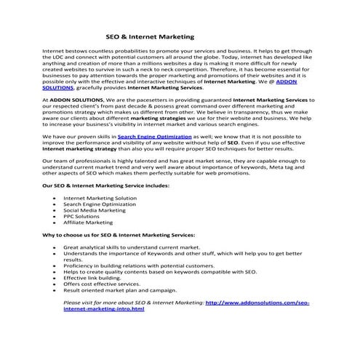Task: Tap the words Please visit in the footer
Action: point(78,302)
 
